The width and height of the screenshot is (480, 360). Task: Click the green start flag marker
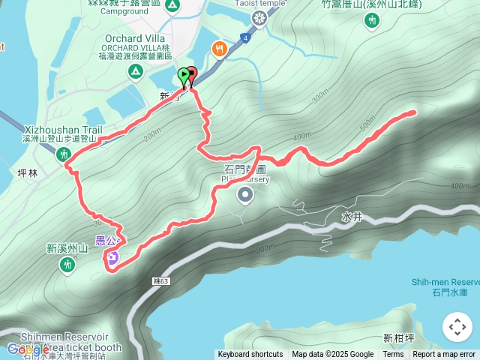pos(184,75)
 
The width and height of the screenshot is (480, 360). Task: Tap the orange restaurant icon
pos(219,48)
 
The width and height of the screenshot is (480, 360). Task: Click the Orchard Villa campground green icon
pos(135,71)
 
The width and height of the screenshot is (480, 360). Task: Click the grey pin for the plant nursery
pos(245,196)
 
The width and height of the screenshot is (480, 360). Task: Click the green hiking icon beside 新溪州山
pos(68,264)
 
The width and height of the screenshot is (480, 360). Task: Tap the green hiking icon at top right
pos(372,21)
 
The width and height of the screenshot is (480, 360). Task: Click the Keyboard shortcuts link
pos(250,355)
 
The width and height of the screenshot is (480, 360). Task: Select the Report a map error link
pos(445,355)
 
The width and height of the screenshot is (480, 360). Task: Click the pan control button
pos(457,327)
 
